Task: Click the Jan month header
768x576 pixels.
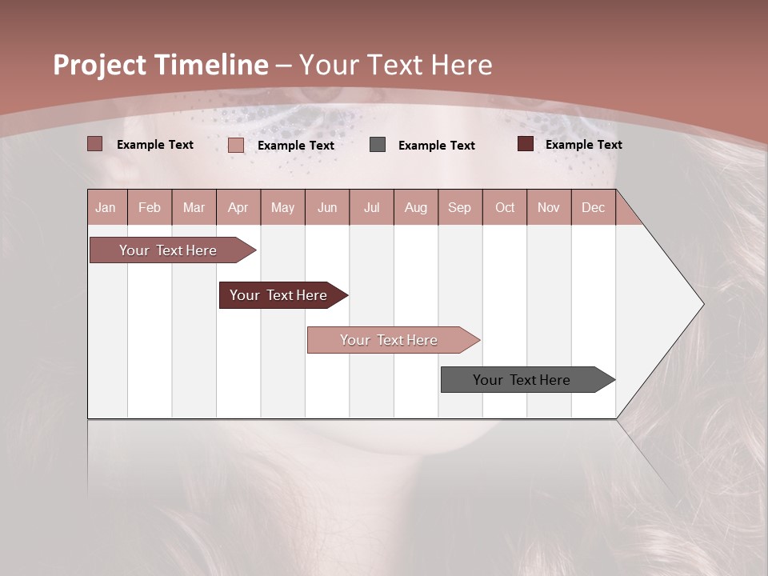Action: coord(106,207)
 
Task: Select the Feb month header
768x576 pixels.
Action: coord(150,207)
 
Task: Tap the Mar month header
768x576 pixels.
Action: coord(194,207)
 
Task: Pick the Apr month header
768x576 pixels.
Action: coord(238,207)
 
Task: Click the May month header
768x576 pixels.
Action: coord(282,207)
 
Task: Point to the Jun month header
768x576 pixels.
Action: coord(327,207)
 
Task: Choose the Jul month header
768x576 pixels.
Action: coord(371,207)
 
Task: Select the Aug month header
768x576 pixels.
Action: coord(416,207)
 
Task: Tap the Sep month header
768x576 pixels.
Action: coord(460,207)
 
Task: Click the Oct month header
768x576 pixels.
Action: coord(505,207)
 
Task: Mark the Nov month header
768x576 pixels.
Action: coord(549,207)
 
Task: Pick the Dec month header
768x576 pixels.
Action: coord(593,207)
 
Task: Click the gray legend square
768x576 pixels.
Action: coord(378,145)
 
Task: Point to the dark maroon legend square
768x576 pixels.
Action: coord(525,144)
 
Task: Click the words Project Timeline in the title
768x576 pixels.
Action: coord(161,65)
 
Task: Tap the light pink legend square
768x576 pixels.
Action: coord(236,145)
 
